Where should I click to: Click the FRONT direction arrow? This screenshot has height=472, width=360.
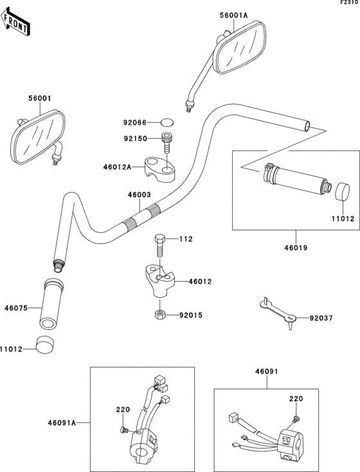[x=14, y=23]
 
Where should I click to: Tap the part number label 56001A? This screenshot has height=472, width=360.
[x=233, y=15]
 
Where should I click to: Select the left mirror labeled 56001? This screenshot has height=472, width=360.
[x=37, y=137]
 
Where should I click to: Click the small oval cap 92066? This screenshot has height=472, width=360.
[x=167, y=123]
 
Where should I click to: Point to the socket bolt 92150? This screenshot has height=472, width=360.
[x=166, y=143]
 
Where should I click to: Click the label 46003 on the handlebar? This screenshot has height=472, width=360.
[x=139, y=195]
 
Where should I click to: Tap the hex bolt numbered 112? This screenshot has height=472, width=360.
[x=159, y=246]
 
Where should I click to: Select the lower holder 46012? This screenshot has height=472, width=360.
[x=158, y=279]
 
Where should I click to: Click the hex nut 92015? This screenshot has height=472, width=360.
[x=159, y=315]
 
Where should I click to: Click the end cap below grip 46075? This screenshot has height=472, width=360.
[x=45, y=344]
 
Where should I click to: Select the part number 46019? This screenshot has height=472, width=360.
[x=296, y=248]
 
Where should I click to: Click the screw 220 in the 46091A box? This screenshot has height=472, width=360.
[x=123, y=430]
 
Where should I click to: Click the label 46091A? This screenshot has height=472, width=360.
[x=62, y=423]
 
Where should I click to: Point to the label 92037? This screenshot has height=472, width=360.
[x=321, y=318]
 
